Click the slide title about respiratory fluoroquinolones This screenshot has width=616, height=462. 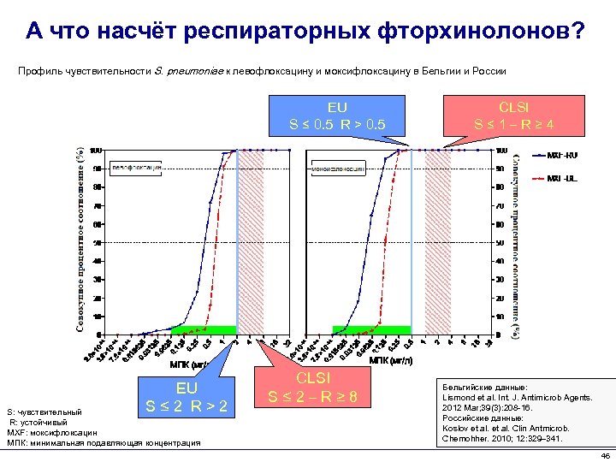point(305,32)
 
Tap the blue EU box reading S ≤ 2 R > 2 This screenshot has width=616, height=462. point(186,397)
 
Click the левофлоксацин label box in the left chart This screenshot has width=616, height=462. point(135,168)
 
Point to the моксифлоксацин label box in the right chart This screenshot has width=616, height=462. point(337,169)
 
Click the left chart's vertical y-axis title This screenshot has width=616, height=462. point(80,240)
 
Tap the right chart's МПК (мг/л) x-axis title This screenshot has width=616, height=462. point(390,360)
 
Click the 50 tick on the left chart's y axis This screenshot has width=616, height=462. point(98,243)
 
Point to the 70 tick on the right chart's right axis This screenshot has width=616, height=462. point(500,206)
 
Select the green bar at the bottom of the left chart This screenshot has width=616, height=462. point(204,329)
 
